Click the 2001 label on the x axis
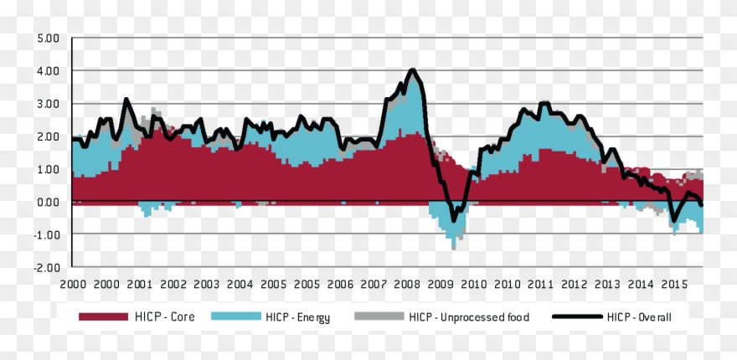pos(140,284)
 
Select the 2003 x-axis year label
pos(206,284)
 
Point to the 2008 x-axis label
pos(408,284)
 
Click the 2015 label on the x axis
pos(675,284)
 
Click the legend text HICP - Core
pos(165,317)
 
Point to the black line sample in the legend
pos(578,317)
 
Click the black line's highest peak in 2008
pos(412,69)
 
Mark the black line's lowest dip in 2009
pos(454,221)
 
